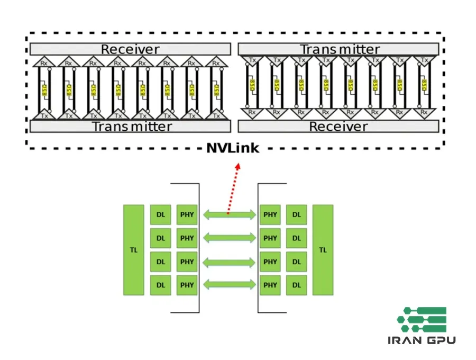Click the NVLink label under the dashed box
(233, 148)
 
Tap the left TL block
(133, 250)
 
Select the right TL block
(323, 250)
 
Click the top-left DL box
(160, 215)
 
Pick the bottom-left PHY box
(187, 285)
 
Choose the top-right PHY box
(270, 215)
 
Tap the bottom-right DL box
(296, 285)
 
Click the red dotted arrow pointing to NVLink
(233, 188)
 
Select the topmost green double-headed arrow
(228, 215)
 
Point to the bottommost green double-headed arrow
(228, 285)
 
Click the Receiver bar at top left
(130, 49)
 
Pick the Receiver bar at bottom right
(338, 127)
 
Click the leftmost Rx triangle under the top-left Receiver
(44, 62)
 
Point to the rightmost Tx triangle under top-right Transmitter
(424, 60)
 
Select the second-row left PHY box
(187, 238)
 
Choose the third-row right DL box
(296, 262)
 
